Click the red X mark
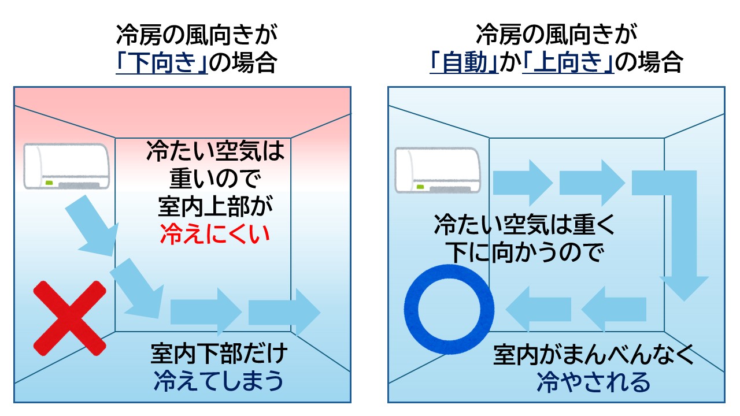point(69,318)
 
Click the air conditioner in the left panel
point(66,166)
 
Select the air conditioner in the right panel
point(437,170)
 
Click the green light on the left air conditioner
point(49,183)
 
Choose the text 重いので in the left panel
point(216,180)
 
